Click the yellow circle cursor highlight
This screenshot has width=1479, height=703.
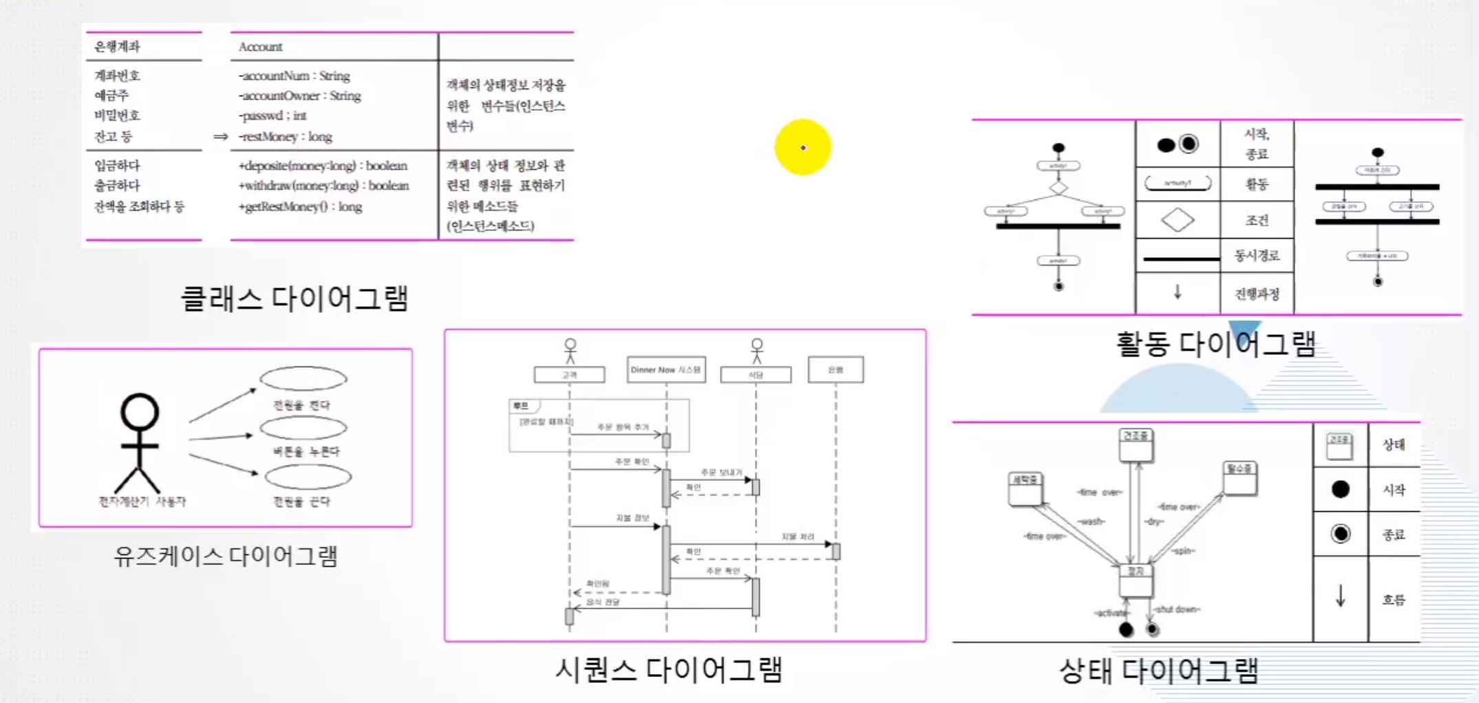tap(802, 147)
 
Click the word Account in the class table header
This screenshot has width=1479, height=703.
tap(260, 47)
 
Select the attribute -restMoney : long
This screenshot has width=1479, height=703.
tap(286, 136)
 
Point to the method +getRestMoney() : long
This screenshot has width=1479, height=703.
tap(300, 206)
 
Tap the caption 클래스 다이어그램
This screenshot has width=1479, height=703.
tap(295, 299)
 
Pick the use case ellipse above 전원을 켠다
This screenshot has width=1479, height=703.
tap(304, 378)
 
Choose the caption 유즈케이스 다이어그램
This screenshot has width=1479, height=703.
tap(225, 555)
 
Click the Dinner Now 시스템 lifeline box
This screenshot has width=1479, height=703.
tap(666, 369)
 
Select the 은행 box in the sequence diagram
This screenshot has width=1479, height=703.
tap(836, 369)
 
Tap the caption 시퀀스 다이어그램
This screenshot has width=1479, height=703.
tap(668, 669)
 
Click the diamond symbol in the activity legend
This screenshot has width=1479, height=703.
tap(1177, 220)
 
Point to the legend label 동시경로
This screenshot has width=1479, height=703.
tap(1257, 256)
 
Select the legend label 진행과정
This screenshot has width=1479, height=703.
tap(1257, 294)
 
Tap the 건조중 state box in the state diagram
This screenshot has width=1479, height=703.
tap(1136, 444)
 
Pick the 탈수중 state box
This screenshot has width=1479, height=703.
tap(1239, 477)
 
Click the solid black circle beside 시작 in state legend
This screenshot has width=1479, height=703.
tap(1340, 489)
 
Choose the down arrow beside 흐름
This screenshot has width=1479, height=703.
tap(1340, 596)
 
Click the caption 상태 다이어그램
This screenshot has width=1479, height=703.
tap(1158, 671)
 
